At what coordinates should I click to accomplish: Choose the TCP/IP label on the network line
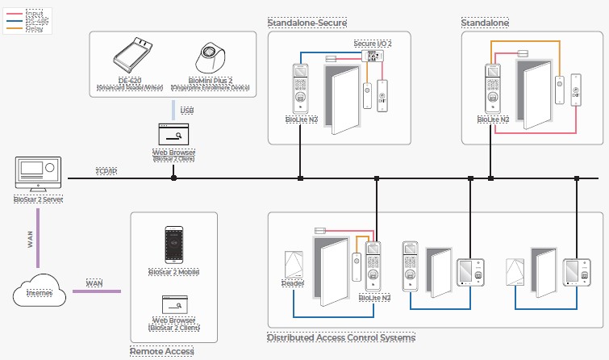[x=106, y=171]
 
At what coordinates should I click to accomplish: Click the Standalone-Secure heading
[x=306, y=23]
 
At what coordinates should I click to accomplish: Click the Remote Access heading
[x=161, y=351]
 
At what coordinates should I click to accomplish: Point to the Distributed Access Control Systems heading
[x=340, y=337]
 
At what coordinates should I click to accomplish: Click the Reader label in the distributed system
[x=291, y=283]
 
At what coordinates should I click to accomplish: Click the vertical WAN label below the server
[x=31, y=239]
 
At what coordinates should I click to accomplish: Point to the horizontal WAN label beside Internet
[x=95, y=283]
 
